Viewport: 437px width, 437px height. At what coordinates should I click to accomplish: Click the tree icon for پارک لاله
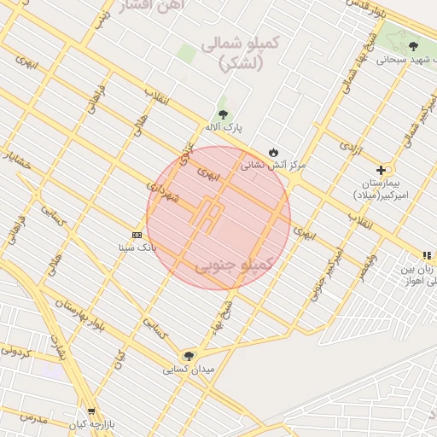223,114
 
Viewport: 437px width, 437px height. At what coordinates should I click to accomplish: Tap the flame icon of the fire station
272,152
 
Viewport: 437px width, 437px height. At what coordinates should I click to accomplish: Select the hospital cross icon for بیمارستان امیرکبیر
381,170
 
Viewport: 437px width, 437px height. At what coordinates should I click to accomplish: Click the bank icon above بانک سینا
137,235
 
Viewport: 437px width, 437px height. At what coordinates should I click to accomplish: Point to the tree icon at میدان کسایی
188,355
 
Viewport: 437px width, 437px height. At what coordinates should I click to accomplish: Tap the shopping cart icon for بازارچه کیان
91,411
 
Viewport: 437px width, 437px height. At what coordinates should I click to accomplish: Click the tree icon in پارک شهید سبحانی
413,47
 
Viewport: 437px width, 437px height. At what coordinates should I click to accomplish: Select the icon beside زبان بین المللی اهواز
426,254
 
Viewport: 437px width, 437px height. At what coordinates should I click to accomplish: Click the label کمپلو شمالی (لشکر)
231,52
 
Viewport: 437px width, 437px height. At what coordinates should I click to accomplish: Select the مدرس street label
32,417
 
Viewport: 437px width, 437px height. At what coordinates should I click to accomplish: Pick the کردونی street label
15,350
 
